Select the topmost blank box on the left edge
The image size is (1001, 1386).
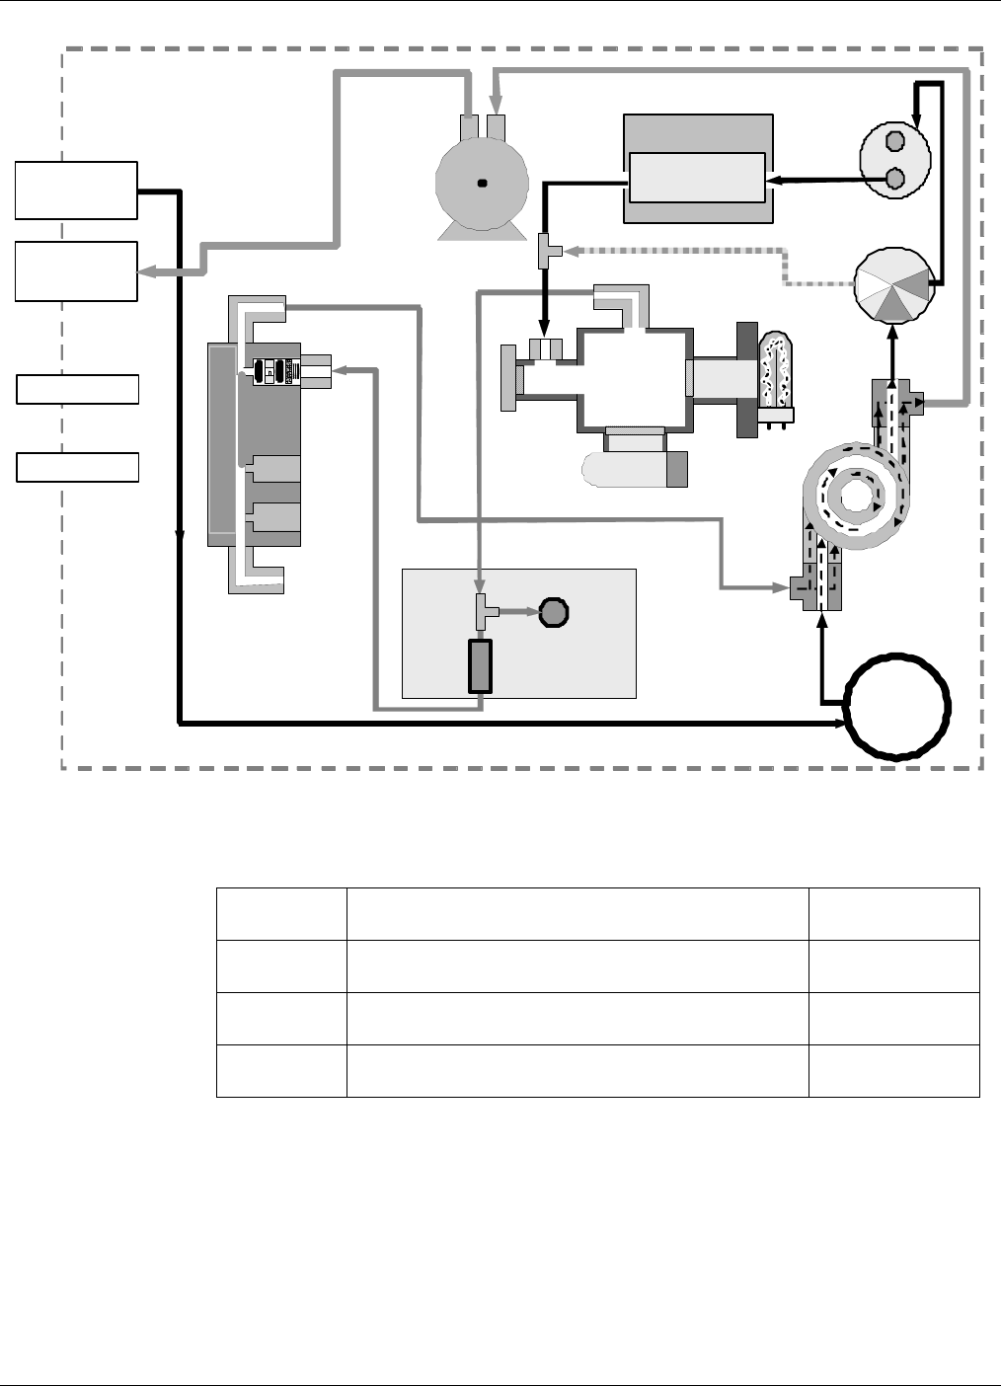tap(76, 191)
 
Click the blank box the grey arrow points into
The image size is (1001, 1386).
tap(76, 270)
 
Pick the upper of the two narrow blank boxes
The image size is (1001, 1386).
tap(78, 389)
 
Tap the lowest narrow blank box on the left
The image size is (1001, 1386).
tap(78, 467)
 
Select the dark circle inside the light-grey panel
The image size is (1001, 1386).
tap(554, 613)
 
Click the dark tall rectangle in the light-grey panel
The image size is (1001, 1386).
tap(480, 665)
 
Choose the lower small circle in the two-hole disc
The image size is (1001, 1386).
tap(895, 178)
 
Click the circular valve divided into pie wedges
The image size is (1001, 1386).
tap(892, 286)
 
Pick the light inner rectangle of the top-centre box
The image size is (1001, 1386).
tap(697, 178)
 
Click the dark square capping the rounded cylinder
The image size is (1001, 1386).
tap(676, 469)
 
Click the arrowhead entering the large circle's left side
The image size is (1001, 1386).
tap(840, 724)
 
